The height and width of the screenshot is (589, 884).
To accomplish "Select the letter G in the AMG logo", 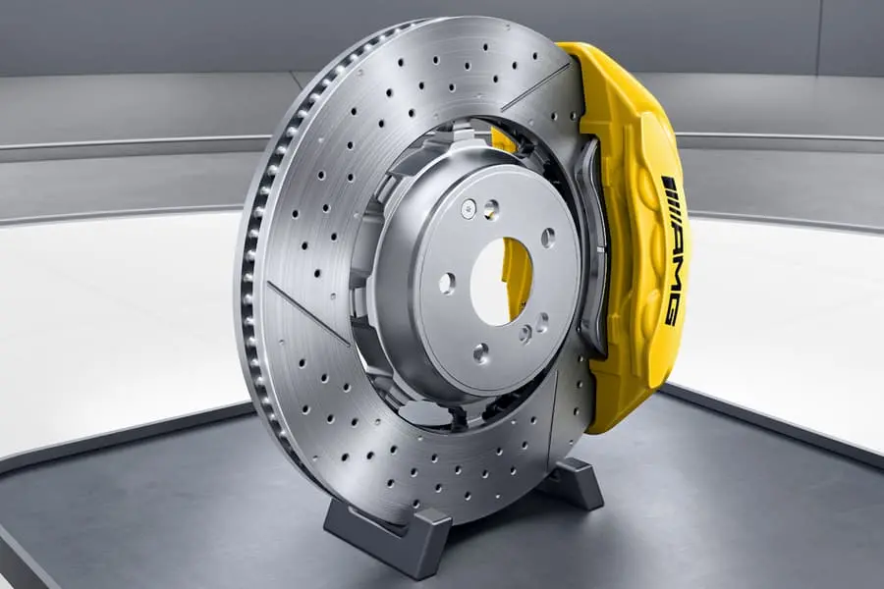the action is (672, 310).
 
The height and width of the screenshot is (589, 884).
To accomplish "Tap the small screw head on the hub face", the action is (468, 208).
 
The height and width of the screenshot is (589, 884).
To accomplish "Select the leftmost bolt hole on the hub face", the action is (447, 283).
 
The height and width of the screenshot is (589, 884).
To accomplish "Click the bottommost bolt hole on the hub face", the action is (480, 352).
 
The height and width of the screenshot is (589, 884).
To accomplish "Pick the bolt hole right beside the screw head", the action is (492, 208).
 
